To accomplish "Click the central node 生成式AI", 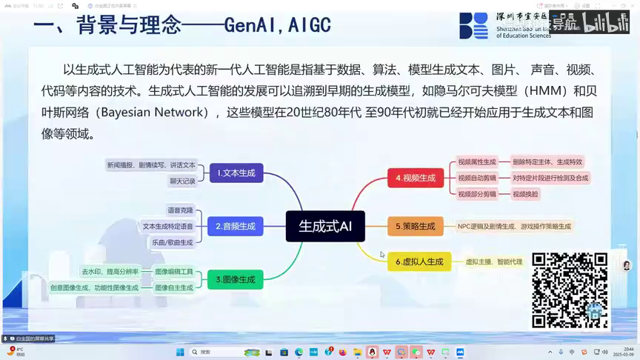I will [325, 227].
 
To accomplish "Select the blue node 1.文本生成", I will [236, 173].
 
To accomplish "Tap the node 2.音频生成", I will [235, 226].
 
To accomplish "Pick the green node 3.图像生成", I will [235, 279].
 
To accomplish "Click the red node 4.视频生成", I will [415, 178].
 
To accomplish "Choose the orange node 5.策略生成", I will [415, 226].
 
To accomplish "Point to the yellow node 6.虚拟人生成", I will [419, 261].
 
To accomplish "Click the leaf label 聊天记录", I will [182, 181].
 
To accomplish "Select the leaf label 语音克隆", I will [180, 210].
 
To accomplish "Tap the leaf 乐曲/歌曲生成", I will [172, 242].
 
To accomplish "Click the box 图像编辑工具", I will [173, 272].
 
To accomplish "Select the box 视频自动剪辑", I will [476, 178].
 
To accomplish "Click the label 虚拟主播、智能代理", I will [493, 261].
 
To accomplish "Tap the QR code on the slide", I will [569, 290].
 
